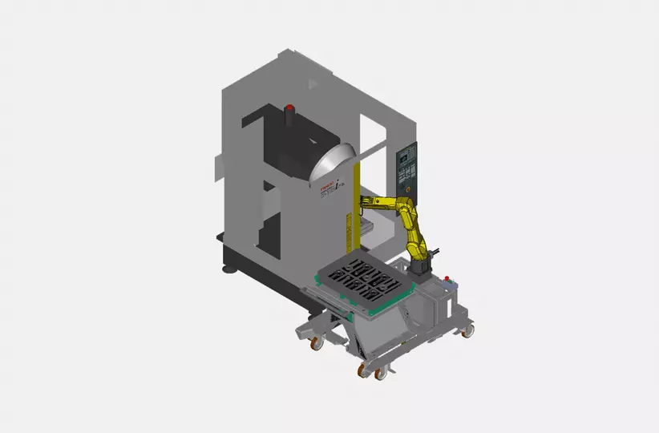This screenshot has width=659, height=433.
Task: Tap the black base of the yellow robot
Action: tap(418, 265)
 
